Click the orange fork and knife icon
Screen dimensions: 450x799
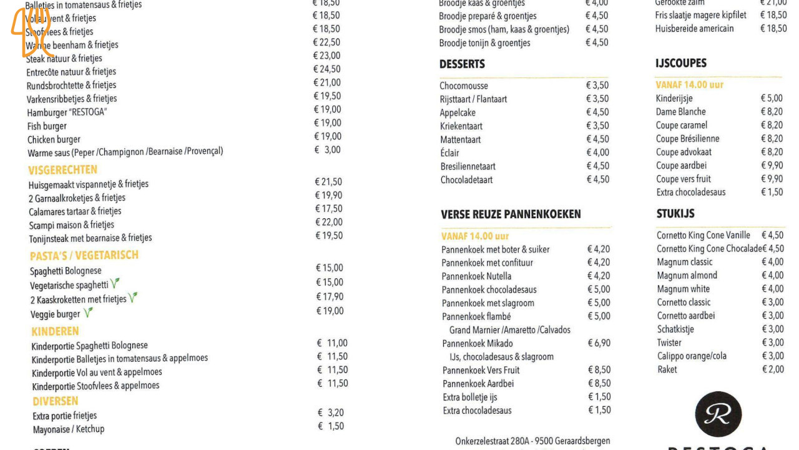(31, 31)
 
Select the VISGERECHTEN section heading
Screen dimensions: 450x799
(62, 170)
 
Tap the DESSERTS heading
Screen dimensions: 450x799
(462, 64)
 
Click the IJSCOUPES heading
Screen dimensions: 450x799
(681, 63)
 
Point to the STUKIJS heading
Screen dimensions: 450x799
(675, 214)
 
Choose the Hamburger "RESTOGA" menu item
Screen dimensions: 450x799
(67, 112)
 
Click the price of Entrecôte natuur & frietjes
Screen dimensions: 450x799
(327, 69)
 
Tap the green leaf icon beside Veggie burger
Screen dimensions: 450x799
(88, 312)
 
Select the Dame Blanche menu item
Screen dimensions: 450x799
(680, 112)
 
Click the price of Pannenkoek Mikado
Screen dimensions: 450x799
(599, 343)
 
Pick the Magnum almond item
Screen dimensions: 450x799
(687, 276)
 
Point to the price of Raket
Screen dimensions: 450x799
(773, 369)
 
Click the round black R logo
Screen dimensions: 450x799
(718, 414)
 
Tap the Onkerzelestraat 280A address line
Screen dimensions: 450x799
(532, 441)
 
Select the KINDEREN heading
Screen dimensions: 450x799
(55, 331)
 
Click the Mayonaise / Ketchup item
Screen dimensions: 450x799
(69, 429)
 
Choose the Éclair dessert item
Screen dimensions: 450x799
(449, 153)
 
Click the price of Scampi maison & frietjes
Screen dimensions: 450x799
(328, 222)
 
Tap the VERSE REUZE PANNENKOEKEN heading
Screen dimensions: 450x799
(511, 214)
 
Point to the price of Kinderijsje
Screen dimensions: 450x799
(772, 98)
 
